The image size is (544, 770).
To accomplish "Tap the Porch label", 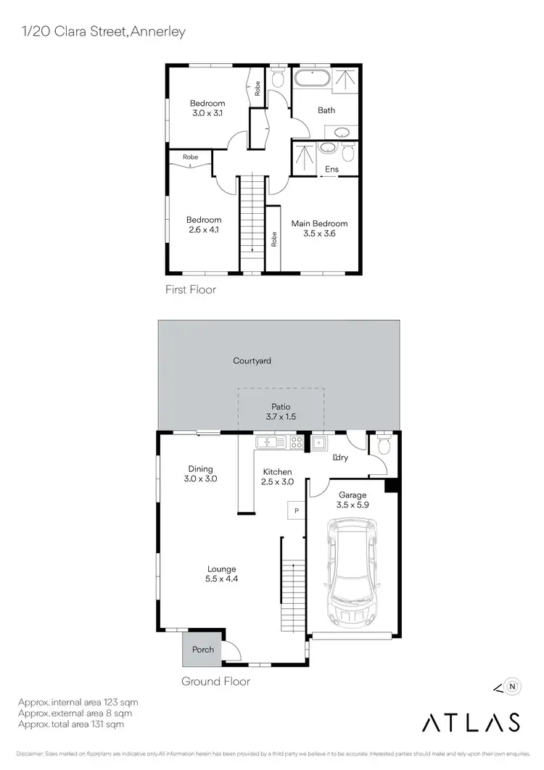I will click(203, 650).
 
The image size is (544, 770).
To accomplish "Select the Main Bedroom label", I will click(319, 223).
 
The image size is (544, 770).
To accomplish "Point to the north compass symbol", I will click(512, 684).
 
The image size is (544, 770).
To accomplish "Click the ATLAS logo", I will click(471, 722).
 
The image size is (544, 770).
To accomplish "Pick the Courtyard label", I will click(252, 360).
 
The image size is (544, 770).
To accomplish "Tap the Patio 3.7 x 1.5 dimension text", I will click(281, 418).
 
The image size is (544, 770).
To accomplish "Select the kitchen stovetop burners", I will click(296, 441).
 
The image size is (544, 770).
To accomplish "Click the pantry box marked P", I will click(296, 510).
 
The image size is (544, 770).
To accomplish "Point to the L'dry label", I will click(339, 458).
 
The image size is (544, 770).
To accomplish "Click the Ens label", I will click(332, 170).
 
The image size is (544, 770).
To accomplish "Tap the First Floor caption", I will click(191, 289).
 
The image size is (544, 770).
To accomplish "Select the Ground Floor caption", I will click(215, 682).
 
